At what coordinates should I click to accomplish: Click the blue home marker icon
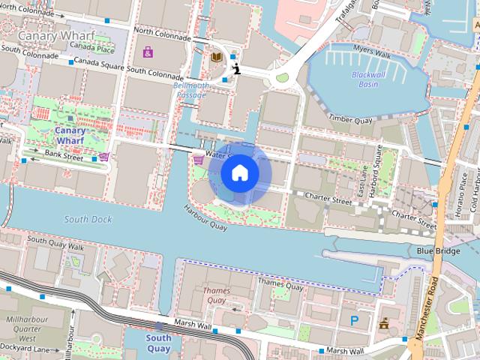point(239,173)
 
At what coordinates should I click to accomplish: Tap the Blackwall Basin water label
point(367,79)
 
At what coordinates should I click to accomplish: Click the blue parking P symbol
point(354,320)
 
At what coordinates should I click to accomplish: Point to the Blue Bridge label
point(438,251)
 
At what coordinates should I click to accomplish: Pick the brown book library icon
point(216,56)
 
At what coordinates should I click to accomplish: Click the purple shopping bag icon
point(148,52)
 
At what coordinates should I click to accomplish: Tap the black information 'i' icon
point(237,70)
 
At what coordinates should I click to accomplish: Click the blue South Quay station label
point(158,343)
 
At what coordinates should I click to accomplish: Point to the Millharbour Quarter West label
point(26,328)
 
